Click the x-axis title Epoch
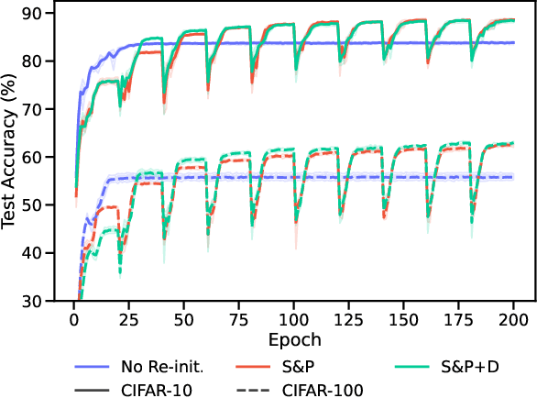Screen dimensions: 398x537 294,339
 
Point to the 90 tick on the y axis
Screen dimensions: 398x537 42,13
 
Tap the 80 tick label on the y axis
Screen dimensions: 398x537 42,61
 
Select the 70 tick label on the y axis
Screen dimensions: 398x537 42,109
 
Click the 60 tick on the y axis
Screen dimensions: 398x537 42,157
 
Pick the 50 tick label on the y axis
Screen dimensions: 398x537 42,205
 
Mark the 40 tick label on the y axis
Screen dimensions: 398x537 42,253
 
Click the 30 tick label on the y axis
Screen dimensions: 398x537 42,301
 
